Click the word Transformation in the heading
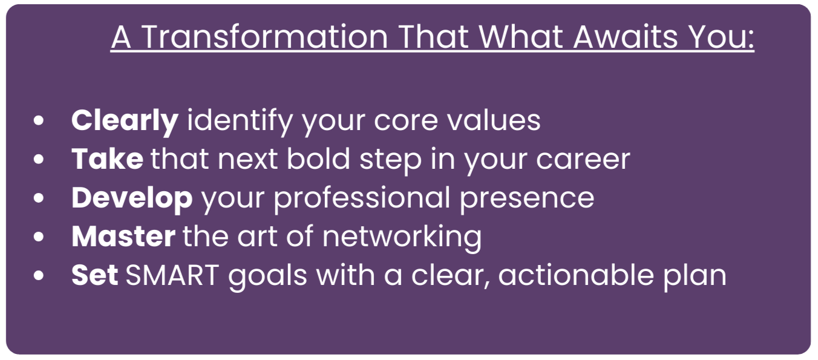click(x=264, y=37)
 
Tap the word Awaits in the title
click(x=626, y=37)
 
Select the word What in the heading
click(x=521, y=37)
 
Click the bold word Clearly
click(x=125, y=121)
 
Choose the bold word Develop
click(x=132, y=198)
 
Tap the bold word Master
click(x=123, y=237)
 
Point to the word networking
click(x=402, y=238)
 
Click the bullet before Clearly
click(x=38, y=120)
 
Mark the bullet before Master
click(x=38, y=237)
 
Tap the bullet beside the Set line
click(x=38, y=276)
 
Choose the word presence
click(x=526, y=199)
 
